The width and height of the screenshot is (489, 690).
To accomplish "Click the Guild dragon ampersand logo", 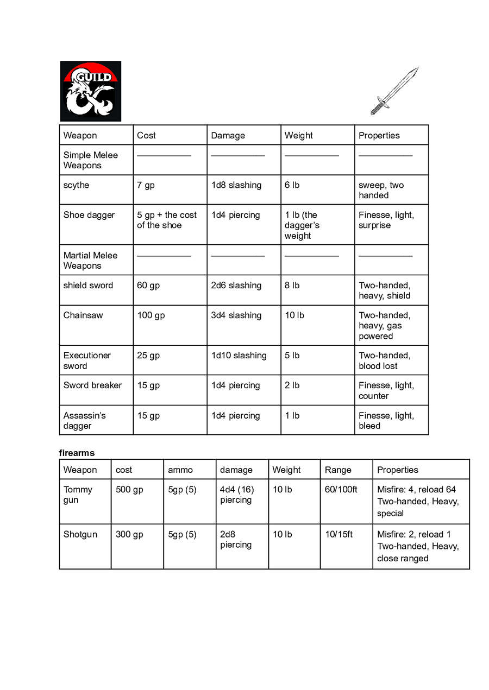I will [x=90, y=91].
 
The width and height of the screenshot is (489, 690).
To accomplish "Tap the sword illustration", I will [x=394, y=91].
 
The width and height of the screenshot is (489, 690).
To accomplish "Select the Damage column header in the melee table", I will [x=228, y=136].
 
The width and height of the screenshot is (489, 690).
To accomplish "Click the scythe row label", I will [x=76, y=185].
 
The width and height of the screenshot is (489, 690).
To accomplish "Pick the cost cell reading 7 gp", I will [x=146, y=185].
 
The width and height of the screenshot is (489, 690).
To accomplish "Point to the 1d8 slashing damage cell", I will [x=236, y=185].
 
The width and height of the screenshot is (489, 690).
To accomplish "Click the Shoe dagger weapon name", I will [x=89, y=215].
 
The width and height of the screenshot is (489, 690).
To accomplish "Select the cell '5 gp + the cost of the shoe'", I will [x=167, y=220].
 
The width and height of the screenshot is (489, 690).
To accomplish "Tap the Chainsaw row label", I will [x=83, y=315].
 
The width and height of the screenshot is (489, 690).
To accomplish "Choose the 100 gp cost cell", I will [x=151, y=315].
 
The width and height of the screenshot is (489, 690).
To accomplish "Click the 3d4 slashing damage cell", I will [x=236, y=315].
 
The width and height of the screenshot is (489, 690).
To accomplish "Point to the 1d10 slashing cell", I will [x=239, y=356].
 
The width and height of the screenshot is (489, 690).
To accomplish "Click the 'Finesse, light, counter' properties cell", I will [x=386, y=390].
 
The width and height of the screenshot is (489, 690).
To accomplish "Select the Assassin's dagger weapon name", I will [x=84, y=420].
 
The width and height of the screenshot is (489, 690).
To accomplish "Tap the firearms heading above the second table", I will [x=77, y=453].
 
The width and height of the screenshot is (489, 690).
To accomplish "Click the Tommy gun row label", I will [x=78, y=495].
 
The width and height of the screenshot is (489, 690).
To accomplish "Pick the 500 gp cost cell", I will [x=129, y=490].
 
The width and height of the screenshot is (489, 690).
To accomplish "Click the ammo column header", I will [x=180, y=470].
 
